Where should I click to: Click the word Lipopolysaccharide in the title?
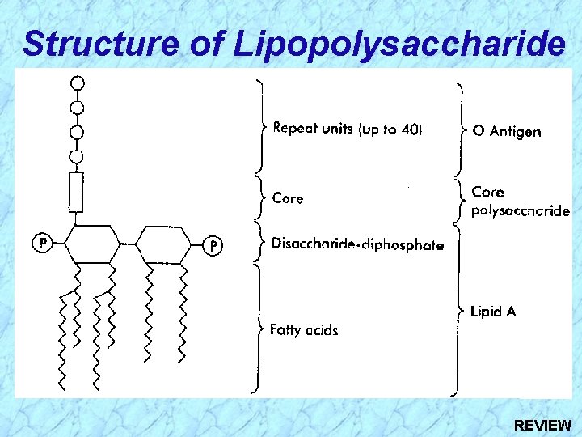point(400,45)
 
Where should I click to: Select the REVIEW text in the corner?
point(542,424)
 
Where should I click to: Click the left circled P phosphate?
point(43,243)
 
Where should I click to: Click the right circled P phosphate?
point(213,245)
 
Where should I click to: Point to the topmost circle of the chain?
point(78,83)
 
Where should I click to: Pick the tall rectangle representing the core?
point(76,192)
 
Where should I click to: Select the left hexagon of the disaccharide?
point(92,244)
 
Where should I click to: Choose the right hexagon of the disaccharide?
point(163,244)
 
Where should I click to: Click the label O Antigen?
point(507,132)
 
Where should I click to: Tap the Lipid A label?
point(493,311)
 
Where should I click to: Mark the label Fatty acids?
point(304,330)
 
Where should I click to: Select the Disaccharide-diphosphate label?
point(358,244)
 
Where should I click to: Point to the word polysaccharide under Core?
point(521,210)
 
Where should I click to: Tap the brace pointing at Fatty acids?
point(259,329)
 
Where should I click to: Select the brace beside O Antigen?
point(462,130)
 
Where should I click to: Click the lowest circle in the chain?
point(76,157)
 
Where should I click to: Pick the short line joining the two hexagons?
point(128,244)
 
